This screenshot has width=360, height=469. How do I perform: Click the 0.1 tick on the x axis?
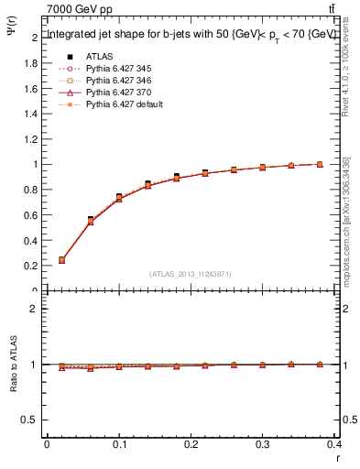[x=119, y=445]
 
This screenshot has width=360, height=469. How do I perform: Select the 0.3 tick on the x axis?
[x=263, y=445]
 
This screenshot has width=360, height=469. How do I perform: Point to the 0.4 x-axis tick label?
[x=334, y=445]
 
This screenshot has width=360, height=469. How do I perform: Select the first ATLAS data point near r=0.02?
[x=61, y=259]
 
